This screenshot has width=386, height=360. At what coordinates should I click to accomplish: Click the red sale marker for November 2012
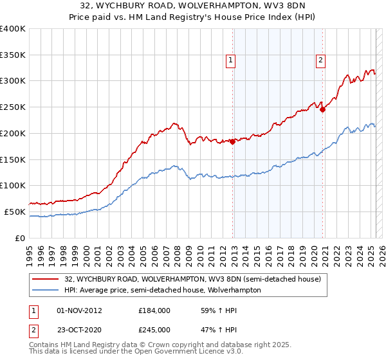pos(232,141)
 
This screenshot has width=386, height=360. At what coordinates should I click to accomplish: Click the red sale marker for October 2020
pos(323,109)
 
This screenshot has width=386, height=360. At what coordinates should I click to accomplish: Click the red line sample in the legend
pos(45,279)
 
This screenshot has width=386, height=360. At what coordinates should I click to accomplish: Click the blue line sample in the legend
pos(45,290)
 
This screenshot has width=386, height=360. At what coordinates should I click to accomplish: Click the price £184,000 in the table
pos(154,310)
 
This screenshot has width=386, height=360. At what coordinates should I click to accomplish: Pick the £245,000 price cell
pos(154,329)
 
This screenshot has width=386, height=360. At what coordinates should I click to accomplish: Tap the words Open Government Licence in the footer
pos(161,353)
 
